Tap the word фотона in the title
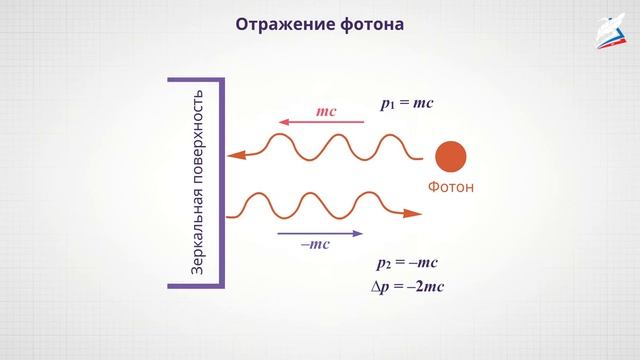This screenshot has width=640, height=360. point(370,23)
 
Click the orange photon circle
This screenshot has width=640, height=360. point(450,157)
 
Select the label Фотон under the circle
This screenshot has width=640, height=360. point(450,187)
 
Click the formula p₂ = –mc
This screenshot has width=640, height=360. point(407,263)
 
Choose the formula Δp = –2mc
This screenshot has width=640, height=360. point(406,287)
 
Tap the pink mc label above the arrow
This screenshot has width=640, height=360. point(326,112)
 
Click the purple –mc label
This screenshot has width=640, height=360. point(316,244)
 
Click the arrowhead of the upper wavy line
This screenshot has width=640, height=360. point(235,156)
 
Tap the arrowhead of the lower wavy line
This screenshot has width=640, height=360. point(411,212)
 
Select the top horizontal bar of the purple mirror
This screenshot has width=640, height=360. point(195,79)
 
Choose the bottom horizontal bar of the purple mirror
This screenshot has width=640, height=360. point(195,286)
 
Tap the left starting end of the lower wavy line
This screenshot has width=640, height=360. point(232,212)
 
